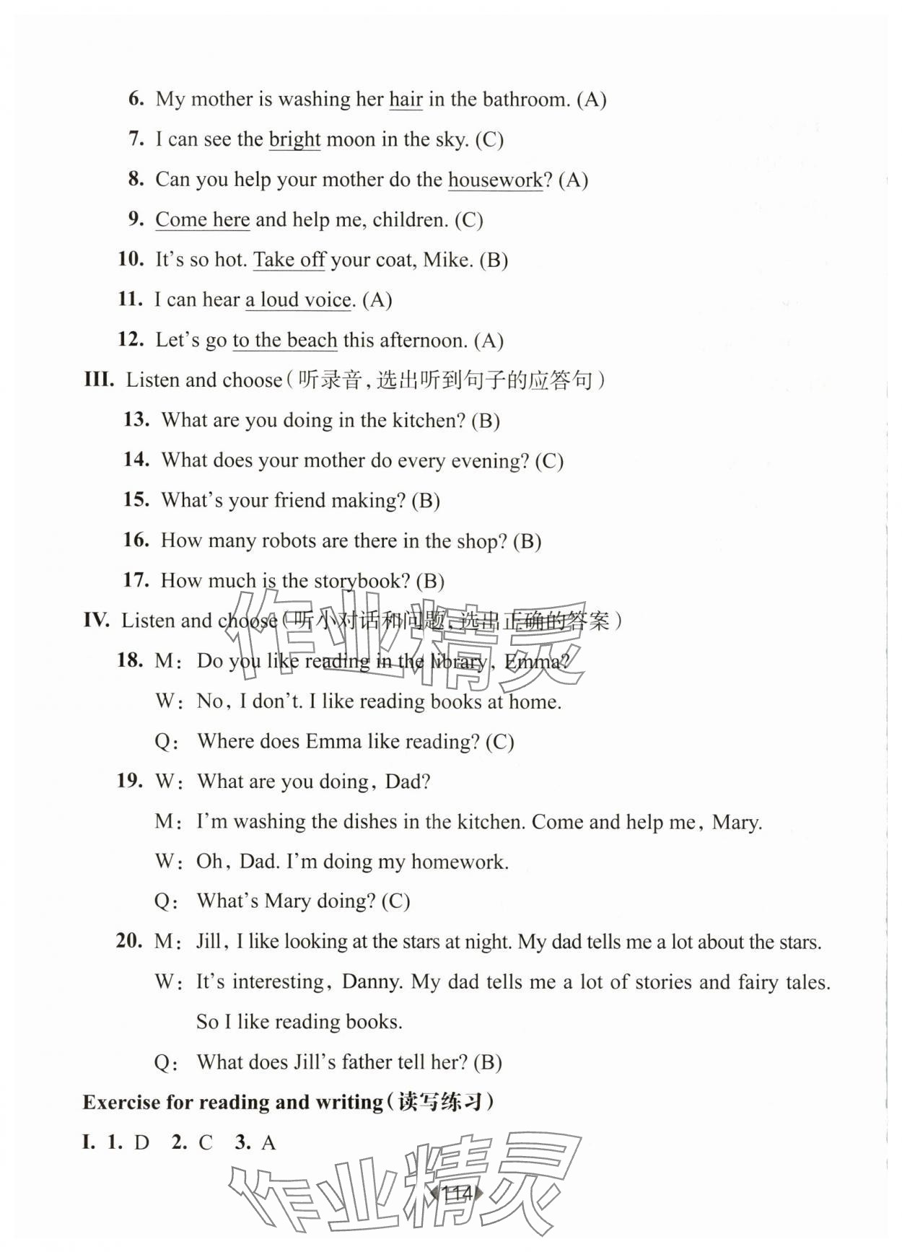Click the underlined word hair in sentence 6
(x=406, y=100)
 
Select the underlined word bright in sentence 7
(x=294, y=139)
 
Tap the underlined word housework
(x=495, y=180)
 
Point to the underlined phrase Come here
(x=203, y=219)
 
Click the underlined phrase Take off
(x=289, y=260)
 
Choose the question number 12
(x=131, y=339)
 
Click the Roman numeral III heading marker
(x=99, y=380)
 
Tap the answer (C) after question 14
(x=549, y=460)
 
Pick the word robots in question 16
(x=268, y=540)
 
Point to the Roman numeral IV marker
(x=97, y=621)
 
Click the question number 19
(x=130, y=781)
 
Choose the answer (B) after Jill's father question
(x=488, y=1062)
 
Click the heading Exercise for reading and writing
(x=232, y=1103)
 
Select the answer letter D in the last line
(x=141, y=1143)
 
